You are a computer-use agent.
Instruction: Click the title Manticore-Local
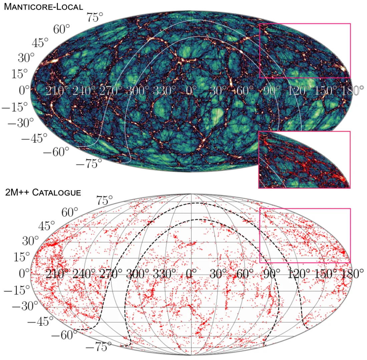[43, 7]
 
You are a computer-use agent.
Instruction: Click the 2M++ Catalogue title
[43, 193]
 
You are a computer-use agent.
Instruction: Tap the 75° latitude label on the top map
[95, 17]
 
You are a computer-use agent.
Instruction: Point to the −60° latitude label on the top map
[56, 152]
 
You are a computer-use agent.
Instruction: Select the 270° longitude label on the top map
[111, 91]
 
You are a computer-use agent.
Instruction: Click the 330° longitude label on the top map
[164, 91]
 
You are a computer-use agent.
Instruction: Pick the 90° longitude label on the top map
[271, 91]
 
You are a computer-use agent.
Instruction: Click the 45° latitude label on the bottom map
[47, 226]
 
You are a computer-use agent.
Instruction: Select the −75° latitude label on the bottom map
[98, 347]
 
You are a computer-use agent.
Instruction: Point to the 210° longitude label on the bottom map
[57, 274]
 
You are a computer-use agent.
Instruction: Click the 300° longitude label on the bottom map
[137, 274]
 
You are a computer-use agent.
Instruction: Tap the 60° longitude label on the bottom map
[245, 274]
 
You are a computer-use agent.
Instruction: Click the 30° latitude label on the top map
[26, 58]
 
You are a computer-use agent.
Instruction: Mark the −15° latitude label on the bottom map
[17, 290]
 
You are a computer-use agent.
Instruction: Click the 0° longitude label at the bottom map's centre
[191, 274]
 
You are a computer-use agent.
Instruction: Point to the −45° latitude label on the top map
[34, 138]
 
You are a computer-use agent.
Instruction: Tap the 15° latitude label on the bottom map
[22, 257]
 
